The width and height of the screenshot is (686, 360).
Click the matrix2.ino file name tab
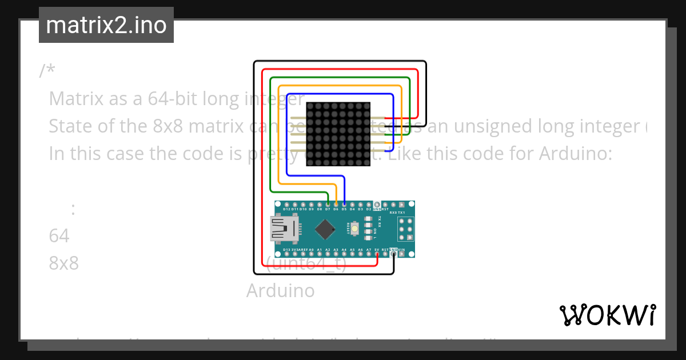[106, 25]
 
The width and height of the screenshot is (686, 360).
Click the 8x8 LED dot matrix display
[338, 134]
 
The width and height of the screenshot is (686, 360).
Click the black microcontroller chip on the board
[325, 230]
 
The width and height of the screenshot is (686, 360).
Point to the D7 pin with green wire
[327, 204]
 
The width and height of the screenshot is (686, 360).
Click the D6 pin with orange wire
[336, 204]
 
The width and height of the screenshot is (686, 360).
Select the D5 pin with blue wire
[344, 204]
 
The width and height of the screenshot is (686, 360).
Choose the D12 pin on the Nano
[286, 204]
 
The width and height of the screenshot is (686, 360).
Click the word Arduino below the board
[280, 290]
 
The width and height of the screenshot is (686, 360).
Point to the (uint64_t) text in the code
[306, 264]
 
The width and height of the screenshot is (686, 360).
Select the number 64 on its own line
[59, 236]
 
